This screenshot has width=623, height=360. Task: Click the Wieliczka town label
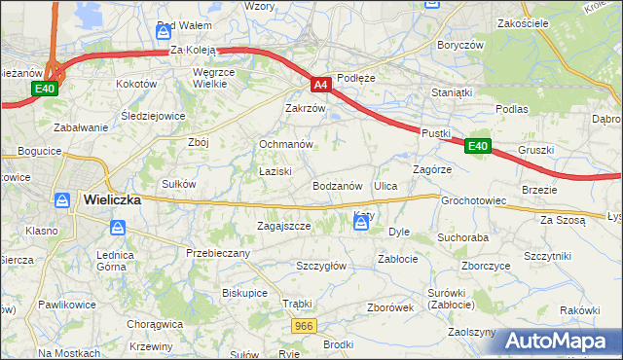[112, 199]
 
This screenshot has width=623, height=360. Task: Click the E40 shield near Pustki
[477, 146]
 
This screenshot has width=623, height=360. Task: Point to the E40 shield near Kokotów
[44, 89]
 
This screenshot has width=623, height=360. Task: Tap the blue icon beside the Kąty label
[361, 225]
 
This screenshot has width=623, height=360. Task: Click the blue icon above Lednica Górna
[118, 227]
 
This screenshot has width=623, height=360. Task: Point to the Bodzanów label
[338, 185]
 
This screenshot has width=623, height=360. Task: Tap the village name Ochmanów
[284, 144]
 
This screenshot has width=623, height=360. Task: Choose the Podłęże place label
[355, 77]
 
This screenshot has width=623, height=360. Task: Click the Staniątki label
[452, 92]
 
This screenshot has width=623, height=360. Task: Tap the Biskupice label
[244, 291]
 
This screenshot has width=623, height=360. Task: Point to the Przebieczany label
[218, 253]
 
